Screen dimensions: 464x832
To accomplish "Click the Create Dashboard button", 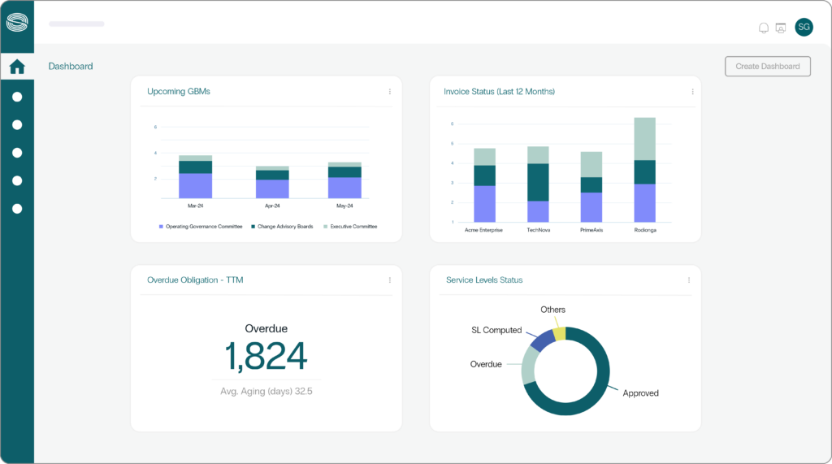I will click(767, 66).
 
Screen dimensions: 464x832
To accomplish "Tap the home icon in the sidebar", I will click(17, 67).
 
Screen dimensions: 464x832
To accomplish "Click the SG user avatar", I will click(803, 27).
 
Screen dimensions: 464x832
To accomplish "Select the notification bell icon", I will click(763, 28).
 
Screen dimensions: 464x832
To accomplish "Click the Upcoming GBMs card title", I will click(178, 91).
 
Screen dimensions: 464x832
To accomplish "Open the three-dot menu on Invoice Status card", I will click(692, 92).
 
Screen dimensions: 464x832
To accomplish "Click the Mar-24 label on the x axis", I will click(195, 206).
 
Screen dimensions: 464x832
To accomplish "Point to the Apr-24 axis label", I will click(271, 206).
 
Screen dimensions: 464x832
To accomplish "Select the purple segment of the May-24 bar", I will click(344, 188).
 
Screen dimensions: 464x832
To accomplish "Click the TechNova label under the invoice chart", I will click(538, 230).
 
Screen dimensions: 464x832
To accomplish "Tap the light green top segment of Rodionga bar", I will click(644, 139).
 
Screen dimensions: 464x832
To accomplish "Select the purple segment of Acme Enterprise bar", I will click(484, 204).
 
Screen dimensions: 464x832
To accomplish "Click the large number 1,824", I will click(266, 356).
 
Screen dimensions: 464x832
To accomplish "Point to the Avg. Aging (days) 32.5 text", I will click(266, 391).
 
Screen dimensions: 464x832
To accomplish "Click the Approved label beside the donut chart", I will click(640, 393).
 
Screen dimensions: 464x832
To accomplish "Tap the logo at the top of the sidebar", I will click(17, 22).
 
